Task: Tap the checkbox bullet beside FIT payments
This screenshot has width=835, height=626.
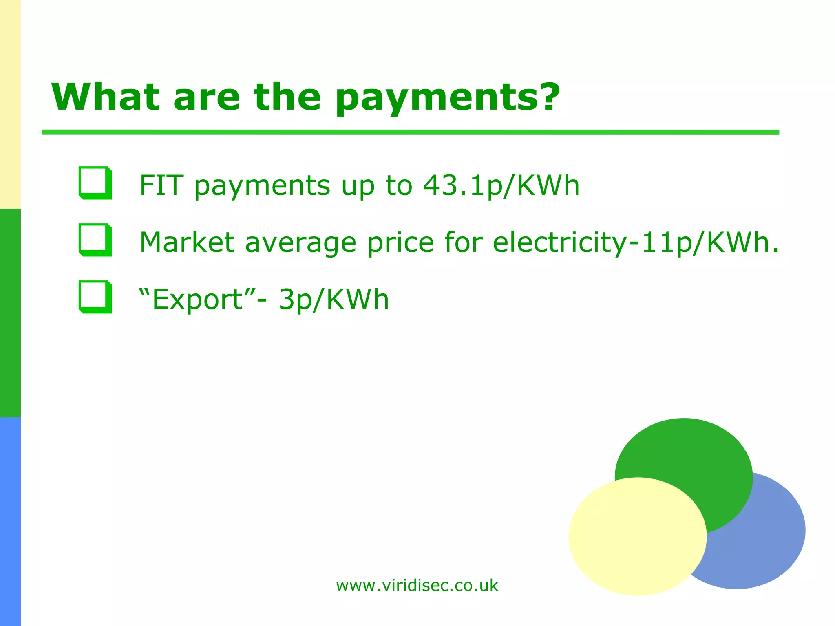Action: [95, 183]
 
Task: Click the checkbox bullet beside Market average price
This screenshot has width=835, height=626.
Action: [95, 240]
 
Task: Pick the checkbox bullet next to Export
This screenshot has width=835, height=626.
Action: [95, 297]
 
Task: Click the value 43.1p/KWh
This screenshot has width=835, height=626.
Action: [501, 185]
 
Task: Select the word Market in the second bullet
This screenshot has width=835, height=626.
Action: [187, 242]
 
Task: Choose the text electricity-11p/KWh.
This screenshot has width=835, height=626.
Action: [635, 243]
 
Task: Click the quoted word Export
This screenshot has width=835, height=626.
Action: [197, 300]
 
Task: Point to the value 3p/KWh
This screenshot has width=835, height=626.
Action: [334, 300]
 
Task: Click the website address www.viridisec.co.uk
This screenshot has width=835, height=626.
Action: [417, 586]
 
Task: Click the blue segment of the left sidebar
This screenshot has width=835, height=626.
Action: [10, 522]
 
